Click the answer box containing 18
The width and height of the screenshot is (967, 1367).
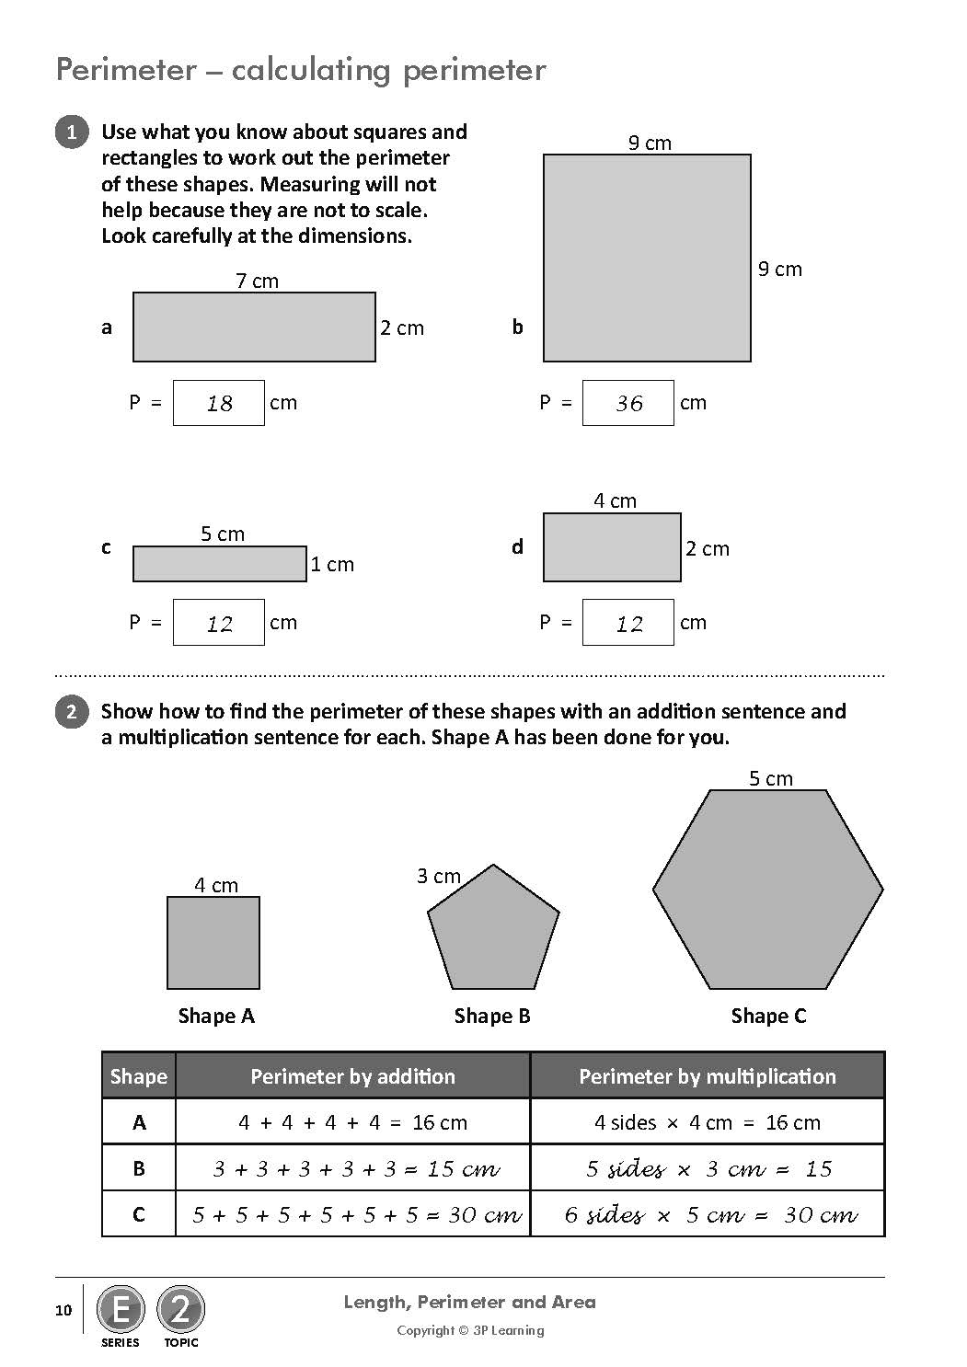(x=219, y=403)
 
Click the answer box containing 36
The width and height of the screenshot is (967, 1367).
(x=628, y=403)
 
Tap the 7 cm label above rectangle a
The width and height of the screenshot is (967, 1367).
(x=257, y=281)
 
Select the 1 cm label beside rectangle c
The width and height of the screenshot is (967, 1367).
(x=332, y=564)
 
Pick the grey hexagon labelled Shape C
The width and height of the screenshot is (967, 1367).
(x=768, y=890)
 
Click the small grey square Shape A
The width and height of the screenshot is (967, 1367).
(x=213, y=943)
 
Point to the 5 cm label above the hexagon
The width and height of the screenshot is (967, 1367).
(x=770, y=778)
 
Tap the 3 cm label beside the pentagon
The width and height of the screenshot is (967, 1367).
(x=438, y=876)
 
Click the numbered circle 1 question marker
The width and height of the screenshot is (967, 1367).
(x=72, y=132)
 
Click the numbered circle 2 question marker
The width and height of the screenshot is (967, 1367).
(x=72, y=712)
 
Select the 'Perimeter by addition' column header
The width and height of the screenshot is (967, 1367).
(x=352, y=1076)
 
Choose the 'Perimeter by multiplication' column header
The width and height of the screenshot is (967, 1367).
(x=707, y=1076)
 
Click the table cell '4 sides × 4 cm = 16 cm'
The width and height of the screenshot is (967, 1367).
(x=707, y=1122)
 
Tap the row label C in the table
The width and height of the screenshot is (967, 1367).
(x=139, y=1214)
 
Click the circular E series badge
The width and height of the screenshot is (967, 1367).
(x=121, y=1309)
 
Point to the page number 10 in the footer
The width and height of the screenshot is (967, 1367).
(x=63, y=1310)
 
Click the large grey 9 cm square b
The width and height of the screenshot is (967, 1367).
(x=647, y=258)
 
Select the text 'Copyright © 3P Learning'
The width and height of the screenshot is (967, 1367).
(x=470, y=1330)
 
